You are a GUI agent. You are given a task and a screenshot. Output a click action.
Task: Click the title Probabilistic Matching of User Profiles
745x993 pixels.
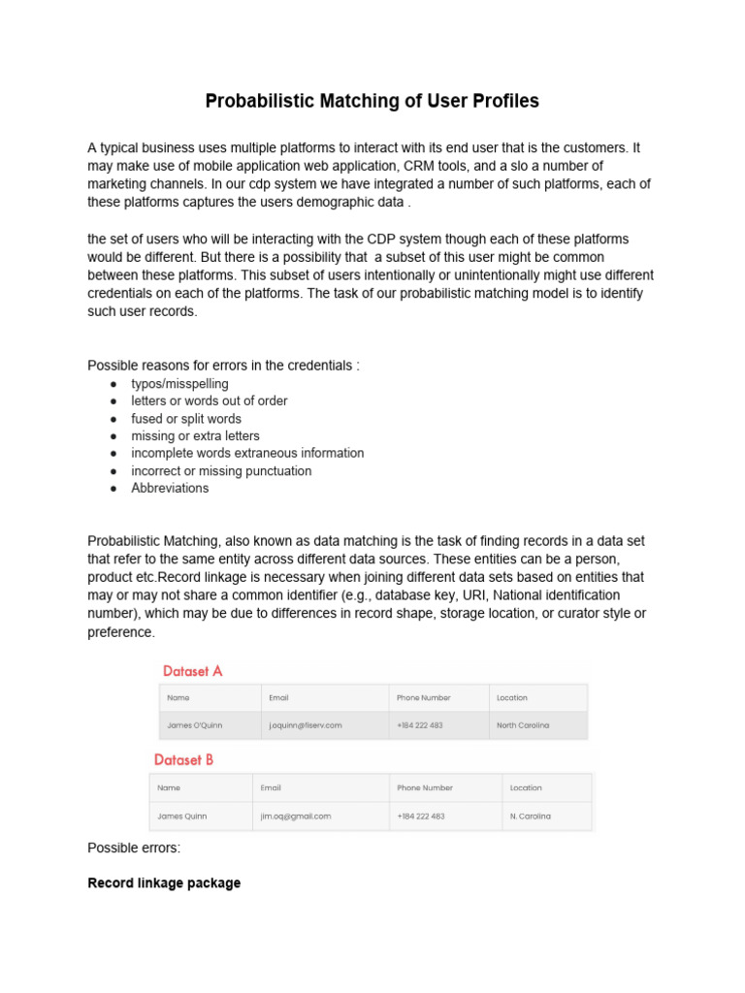pos(372,101)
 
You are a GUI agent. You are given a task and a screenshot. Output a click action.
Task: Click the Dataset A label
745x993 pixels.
pos(193,671)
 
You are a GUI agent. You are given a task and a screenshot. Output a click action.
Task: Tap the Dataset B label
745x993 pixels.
pos(184,760)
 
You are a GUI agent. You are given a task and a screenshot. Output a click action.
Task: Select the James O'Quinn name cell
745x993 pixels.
pos(195,725)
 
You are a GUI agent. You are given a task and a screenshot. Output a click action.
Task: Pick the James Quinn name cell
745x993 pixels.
pos(182,817)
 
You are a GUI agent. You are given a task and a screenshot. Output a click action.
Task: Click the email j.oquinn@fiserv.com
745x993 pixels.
pos(306,725)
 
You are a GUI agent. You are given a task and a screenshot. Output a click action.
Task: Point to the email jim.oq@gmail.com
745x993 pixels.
pos(296,817)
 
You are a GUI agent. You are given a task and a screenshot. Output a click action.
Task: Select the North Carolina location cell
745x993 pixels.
pos(523,725)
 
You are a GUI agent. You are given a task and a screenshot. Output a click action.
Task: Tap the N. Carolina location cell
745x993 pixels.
pos(531,817)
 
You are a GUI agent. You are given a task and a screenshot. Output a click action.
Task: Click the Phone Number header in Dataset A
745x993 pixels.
pos(423,697)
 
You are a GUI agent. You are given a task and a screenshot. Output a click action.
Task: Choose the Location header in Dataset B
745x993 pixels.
pos(526,787)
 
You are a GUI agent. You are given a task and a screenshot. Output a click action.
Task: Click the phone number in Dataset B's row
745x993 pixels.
pos(421,817)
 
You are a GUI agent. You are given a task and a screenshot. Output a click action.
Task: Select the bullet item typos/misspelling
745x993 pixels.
pos(179,384)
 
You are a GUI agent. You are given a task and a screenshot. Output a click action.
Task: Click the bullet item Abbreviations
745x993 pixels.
pos(170,488)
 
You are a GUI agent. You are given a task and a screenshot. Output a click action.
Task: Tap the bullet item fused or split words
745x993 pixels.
pos(186,419)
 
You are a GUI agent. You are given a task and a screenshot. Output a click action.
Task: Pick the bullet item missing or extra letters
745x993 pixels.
pos(195,436)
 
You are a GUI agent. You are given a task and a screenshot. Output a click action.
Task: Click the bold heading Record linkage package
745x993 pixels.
pos(164,883)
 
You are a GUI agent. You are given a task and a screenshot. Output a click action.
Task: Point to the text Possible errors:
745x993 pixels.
pos(134,849)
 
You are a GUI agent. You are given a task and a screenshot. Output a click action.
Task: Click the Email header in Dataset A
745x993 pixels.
pos(278,697)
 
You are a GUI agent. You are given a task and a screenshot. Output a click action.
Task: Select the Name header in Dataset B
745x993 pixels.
pos(170,787)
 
